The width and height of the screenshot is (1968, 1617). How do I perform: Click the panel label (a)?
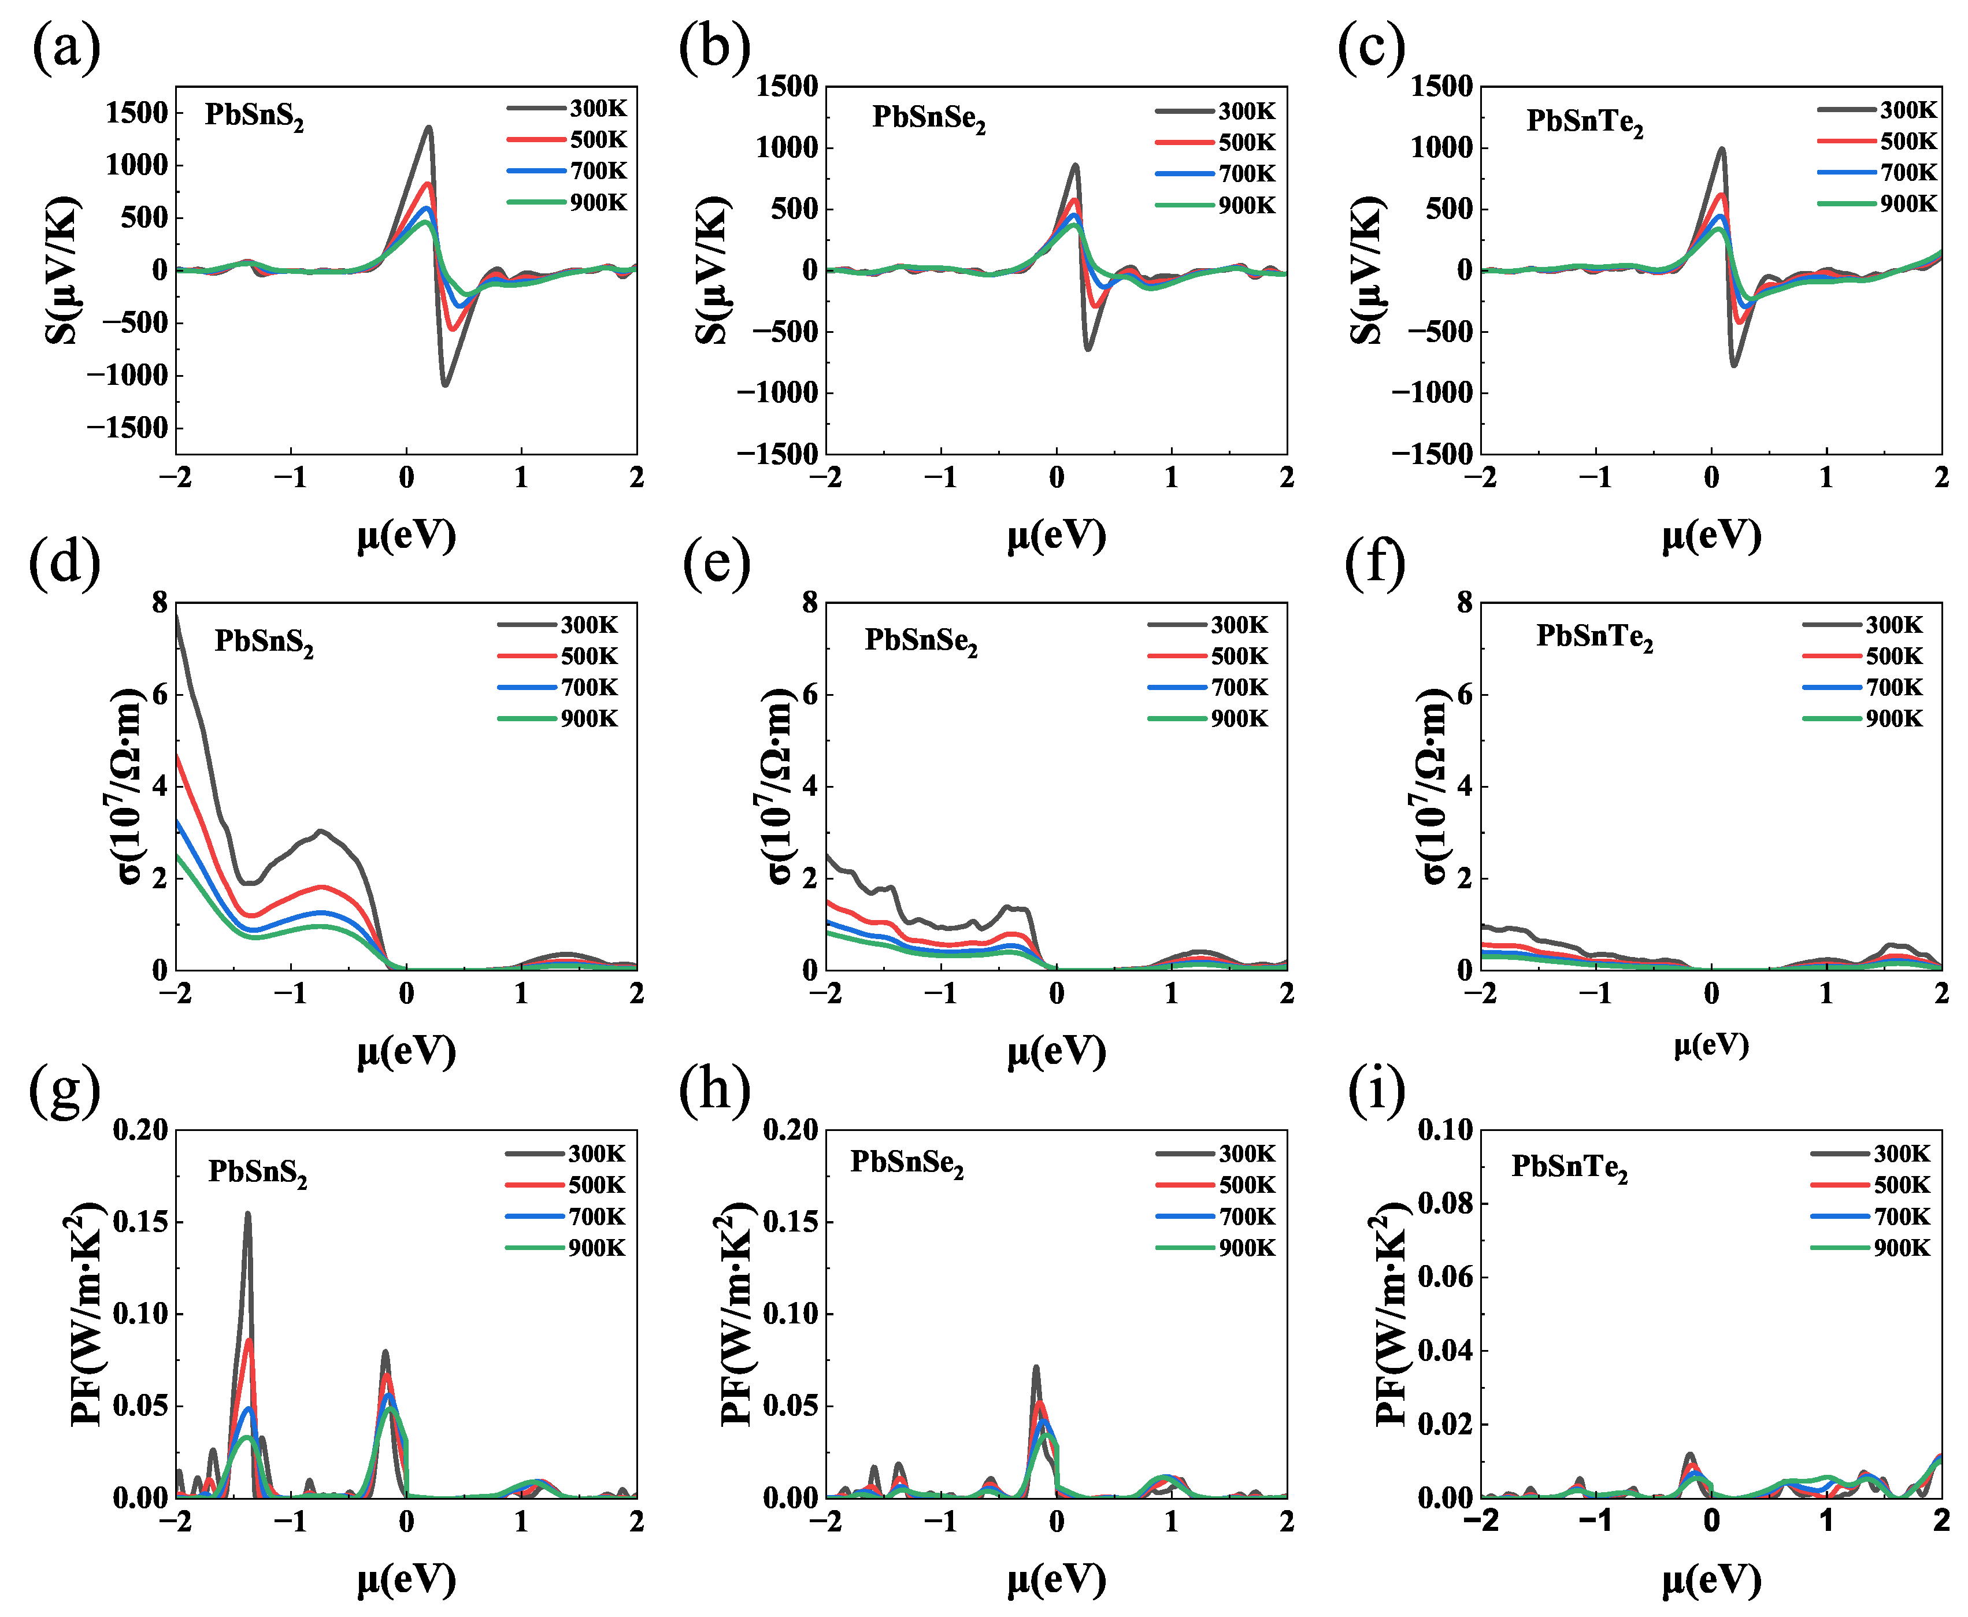65,47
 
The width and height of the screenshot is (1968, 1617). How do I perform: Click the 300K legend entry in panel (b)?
1215,112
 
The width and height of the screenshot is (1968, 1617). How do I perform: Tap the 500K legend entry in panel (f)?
1862,656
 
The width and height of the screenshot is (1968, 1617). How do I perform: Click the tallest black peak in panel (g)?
248,1214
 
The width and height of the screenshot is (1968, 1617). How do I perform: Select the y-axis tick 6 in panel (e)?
810,694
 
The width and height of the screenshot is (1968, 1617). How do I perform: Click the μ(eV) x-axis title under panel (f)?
1710,1045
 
